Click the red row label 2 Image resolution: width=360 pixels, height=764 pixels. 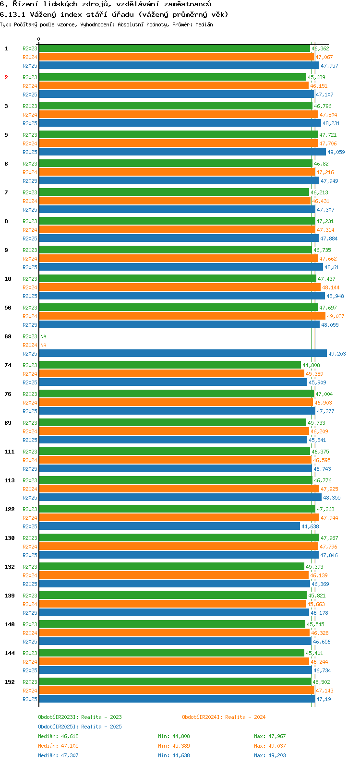[x=7, y=77]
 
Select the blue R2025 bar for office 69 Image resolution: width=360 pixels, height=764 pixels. [x=182, y=354]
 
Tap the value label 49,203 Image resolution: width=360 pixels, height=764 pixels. [x=337, y=354]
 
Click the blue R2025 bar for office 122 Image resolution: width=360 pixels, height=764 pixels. [x=169, y=526]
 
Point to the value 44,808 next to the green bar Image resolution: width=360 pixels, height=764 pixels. [x=311, y=365]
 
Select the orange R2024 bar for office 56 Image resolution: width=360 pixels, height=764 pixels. [x=182, y=316]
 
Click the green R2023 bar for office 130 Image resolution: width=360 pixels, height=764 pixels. [x=179, y=538]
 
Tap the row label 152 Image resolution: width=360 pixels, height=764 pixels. [x=10, y=682]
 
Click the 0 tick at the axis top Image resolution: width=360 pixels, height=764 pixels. [x=39, y=39]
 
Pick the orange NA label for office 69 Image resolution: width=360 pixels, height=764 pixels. [x=43, y=345]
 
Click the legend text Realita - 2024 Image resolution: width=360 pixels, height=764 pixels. [x=245, y=717]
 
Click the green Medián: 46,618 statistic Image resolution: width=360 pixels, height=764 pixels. [x=58, y=736]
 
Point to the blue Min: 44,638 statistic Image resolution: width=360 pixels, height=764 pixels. [x=174, y=755]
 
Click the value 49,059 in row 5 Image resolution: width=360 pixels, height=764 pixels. [x=336, y=152]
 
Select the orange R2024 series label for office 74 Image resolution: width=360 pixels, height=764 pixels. [x=30, y=374]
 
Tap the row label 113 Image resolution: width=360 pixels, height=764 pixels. [x=10, y=480]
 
